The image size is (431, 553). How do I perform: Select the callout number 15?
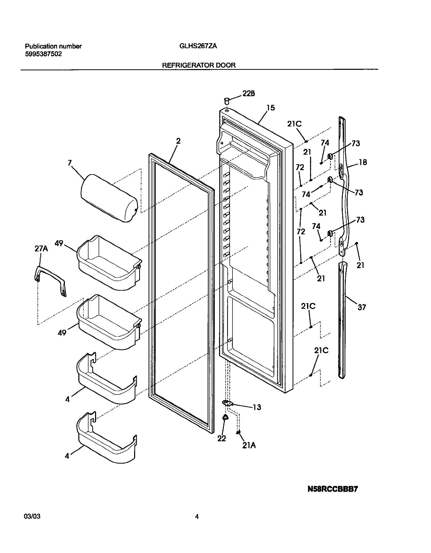pyautogui.click(x=271, y=108)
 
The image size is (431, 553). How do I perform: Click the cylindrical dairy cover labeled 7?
pyautogui.click(x=109, y=198)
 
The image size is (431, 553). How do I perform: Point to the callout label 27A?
pyautogui.click(x=41, y=249)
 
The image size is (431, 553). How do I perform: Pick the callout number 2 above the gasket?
pyautogui.click(x=178, y=141)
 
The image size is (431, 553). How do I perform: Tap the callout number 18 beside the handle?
pyautogui.click(x=363, y=162)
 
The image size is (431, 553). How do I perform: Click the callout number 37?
pyautogui.click(x=362, y=307)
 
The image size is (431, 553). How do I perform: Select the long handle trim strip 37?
pyautogui.click(x=342, y=320)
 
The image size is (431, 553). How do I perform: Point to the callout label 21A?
pyautogui.click(x=249, y=445)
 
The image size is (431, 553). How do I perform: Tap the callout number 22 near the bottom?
pyautogui.click(x=222, y=438)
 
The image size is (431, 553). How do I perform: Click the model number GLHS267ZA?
pyautogui.click(x=194, y=46)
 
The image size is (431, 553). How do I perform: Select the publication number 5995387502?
pyautogui.click(x=43, y=54)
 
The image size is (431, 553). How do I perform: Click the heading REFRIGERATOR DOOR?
pyautogui.click(x=199, y=65)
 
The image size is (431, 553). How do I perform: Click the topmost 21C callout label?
pyautogui.click(x=294, y=124)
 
